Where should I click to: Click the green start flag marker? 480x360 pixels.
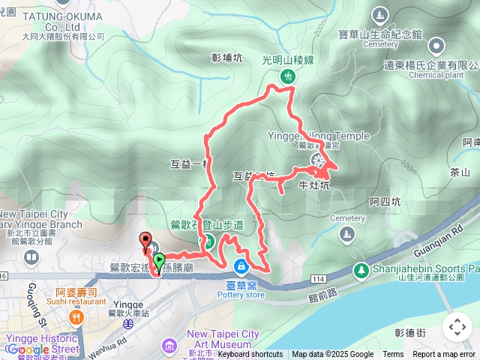(x=159, y=261)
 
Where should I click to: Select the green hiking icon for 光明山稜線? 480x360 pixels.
(x=287, y=76)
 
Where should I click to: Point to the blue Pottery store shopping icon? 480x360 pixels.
(x=241, y=266)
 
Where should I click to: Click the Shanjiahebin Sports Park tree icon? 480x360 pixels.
(x=361, y=268)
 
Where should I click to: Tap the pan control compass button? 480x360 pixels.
(x=457, y=326)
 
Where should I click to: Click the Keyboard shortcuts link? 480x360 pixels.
(x=250, y=355)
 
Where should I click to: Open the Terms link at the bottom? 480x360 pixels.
(x=393, y=355)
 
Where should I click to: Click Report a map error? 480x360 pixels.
(x=445, y=355)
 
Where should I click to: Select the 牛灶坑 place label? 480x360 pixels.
(x=313, y=184)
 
